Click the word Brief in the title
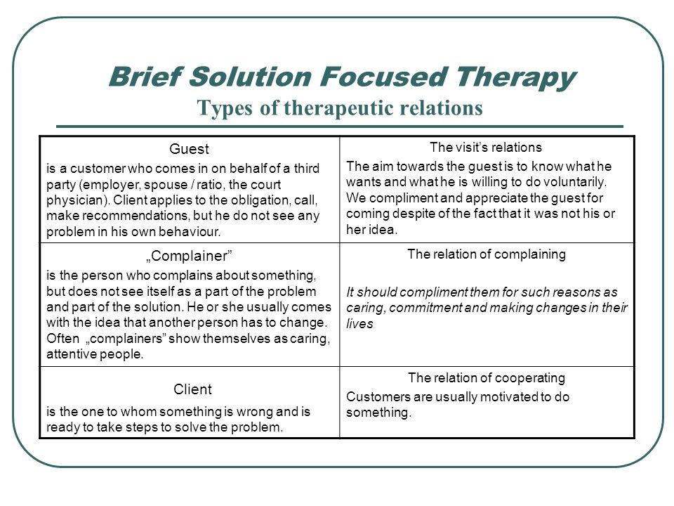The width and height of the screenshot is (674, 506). click(145, 77)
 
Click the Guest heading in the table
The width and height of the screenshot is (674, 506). click(189, 149)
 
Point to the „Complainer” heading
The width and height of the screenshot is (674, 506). click(189, 256)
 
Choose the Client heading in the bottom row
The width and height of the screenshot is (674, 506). click(192, 389)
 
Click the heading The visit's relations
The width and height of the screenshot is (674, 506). click(486, 147)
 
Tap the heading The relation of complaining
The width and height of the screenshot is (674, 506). click(487, 254)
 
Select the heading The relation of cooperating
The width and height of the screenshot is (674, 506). click(487, 378)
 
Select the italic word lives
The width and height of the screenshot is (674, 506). click(359, 323)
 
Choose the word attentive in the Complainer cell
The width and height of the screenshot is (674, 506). click(72, 354)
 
